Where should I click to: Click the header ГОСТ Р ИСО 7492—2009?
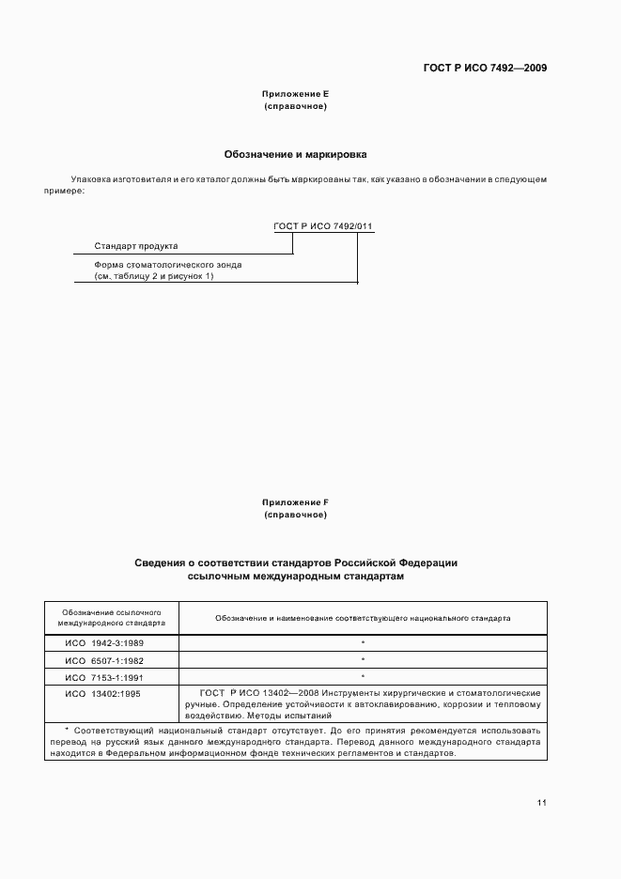484,68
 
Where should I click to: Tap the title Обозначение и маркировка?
295,153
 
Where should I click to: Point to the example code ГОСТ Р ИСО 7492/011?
323,226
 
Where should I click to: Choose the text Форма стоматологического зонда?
162,265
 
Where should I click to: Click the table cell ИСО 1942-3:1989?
105,642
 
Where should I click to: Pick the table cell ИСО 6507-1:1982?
105,659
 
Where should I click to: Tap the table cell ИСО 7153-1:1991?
105,676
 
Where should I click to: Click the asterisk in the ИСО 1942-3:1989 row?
363,642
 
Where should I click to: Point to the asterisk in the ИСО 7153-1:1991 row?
363,676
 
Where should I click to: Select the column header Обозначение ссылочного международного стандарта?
111,617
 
